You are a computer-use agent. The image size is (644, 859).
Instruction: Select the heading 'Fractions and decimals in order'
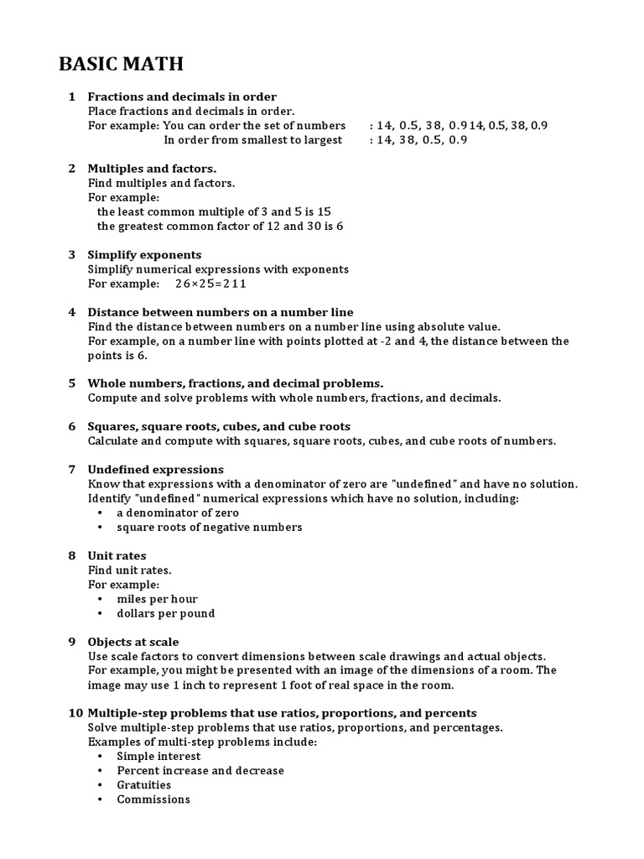[182, 96]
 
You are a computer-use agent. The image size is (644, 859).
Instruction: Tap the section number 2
[72, 169]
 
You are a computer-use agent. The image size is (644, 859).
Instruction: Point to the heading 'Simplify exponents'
[144, 254]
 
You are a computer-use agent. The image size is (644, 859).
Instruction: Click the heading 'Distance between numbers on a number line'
[221, 312]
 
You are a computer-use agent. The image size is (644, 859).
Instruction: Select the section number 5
[72, 383]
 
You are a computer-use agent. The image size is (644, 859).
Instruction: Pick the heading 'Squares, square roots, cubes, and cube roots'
[219, 426]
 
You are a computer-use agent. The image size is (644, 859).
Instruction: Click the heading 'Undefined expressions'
[156, 469]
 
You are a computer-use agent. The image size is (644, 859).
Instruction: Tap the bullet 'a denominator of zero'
[178, 513]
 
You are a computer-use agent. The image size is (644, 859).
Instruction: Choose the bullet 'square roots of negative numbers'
[210, 527]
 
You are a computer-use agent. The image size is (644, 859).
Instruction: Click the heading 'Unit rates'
[117, 555]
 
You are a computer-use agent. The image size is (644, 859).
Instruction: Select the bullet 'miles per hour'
[158, 599]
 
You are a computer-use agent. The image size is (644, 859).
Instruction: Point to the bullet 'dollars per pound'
[166, 613]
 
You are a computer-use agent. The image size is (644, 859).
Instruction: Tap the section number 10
[75, 713]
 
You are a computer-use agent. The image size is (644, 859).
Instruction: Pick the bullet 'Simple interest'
[158, 756]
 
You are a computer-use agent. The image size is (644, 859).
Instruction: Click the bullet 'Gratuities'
[144, 785]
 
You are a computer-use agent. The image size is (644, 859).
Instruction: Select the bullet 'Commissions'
[153, 799]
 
